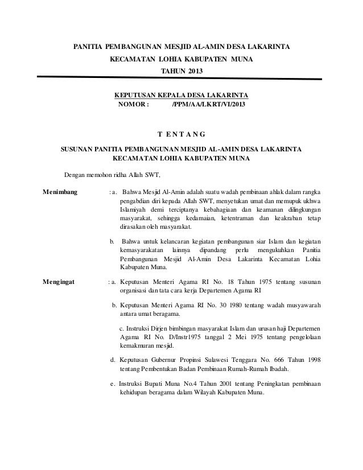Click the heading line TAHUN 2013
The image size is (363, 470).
[181, 71]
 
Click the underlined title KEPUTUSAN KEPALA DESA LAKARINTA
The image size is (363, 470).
[181, 94]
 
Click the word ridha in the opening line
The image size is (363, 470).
[119, 174]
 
